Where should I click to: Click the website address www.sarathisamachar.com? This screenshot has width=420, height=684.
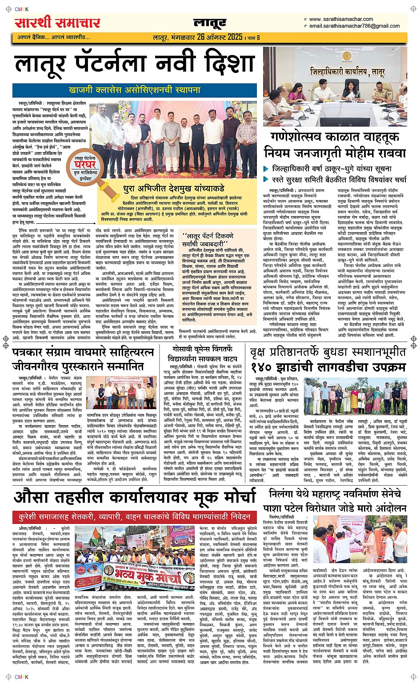pyautogui.click(x=341, y=19)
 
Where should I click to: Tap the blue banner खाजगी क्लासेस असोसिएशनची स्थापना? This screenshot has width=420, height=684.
pyautogui.click(x=134, y=90)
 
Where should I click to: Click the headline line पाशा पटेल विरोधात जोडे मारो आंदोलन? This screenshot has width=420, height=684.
pyautogui.click(x=338, y=507)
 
